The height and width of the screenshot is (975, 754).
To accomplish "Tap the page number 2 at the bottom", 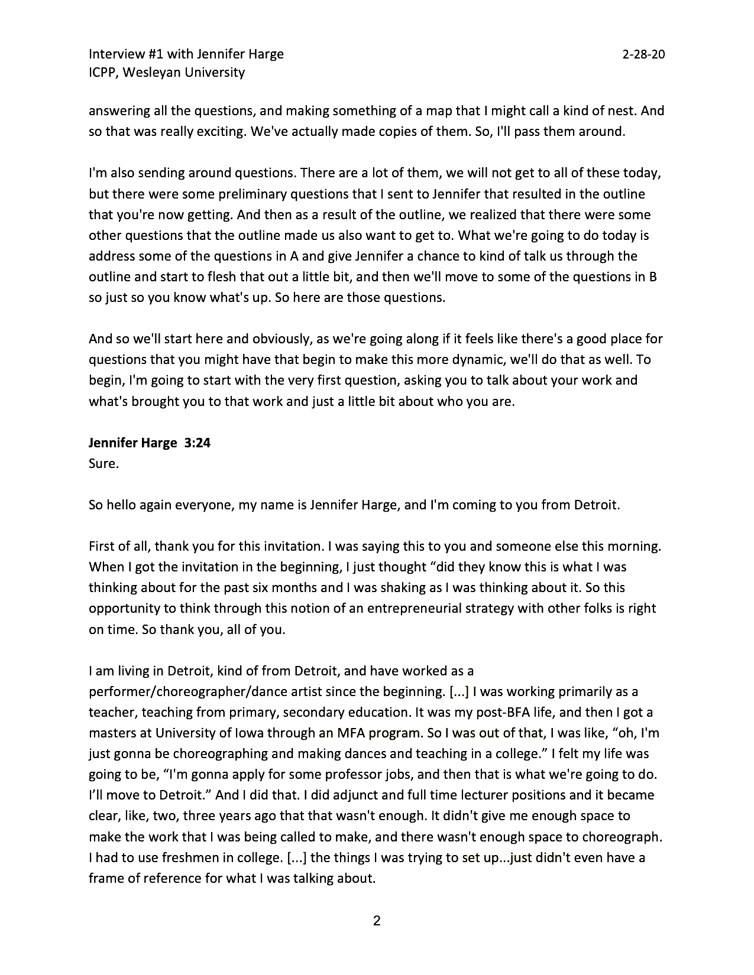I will point(376,920).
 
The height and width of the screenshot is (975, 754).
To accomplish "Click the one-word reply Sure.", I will point(104,463).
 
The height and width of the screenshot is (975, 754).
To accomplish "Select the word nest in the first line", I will point(623,110).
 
